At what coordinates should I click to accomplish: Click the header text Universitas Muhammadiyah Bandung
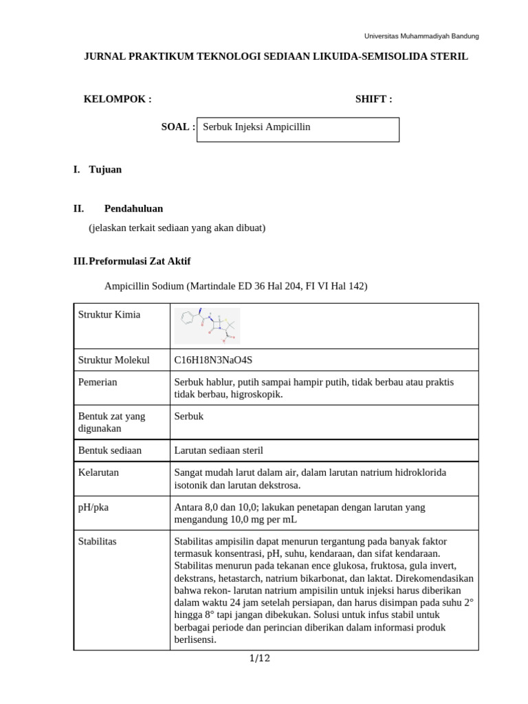421,36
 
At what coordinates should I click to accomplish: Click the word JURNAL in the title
104,57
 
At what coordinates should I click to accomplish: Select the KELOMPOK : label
118,99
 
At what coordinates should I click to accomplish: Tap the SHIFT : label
373,99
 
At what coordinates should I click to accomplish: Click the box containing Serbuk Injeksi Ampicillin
298,129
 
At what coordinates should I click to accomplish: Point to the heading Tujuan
105,170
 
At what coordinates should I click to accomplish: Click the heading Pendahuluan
133,208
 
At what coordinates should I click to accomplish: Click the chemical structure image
207,326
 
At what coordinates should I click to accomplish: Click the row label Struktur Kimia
109,315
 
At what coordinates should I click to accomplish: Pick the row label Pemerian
98,382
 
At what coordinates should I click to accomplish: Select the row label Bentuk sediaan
110,451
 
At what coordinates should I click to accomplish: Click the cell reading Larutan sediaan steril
219,451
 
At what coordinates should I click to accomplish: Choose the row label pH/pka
93,507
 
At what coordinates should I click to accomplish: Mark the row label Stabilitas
98,542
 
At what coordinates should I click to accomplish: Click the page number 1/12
259,659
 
